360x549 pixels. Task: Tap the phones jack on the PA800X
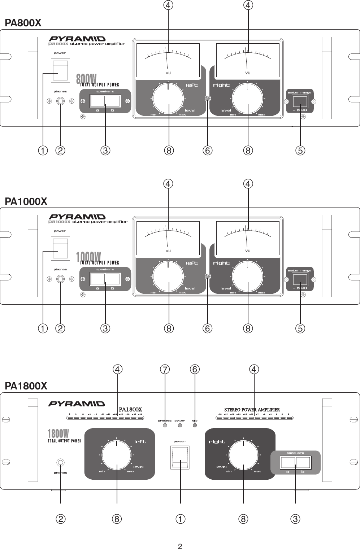[x=60, y=101]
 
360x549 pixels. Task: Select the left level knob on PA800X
[x=168, y=98]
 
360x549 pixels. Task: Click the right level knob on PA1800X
[x=243, y=454]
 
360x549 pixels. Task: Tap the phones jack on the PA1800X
[x=60, y=462]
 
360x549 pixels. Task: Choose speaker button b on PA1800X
[x=303, y=462]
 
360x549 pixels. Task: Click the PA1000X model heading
[x=26, y=201]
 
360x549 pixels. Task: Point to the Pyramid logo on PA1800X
[x=77, y=404]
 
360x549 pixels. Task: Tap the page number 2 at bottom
[x=180, y=546]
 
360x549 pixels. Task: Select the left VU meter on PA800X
[x=168, y=60]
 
